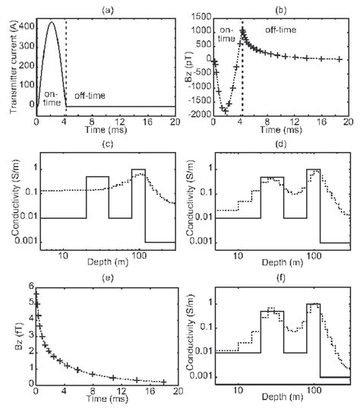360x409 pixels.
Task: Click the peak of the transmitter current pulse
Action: coord(51,23)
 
